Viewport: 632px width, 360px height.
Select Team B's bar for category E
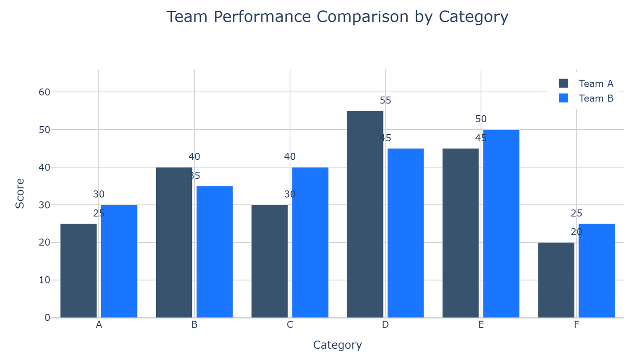501,223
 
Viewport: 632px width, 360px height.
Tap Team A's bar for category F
556,280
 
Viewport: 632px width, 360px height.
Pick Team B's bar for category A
119,261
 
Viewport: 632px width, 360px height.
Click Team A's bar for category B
174,242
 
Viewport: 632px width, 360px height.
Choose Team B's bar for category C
310,242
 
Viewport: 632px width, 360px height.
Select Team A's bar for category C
270,261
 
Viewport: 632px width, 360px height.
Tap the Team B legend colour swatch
563,98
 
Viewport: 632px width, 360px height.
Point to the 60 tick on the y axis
44,92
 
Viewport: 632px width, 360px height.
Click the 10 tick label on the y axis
44,280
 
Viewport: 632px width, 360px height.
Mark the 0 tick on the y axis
47,317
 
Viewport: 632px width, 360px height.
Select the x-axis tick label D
385,325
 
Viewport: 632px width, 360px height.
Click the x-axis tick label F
576,325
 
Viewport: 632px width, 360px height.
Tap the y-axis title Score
20,193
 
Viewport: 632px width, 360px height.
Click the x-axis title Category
337,345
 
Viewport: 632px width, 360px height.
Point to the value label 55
385,100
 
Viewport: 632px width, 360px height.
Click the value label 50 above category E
481,119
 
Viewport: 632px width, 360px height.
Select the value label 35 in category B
195,175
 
